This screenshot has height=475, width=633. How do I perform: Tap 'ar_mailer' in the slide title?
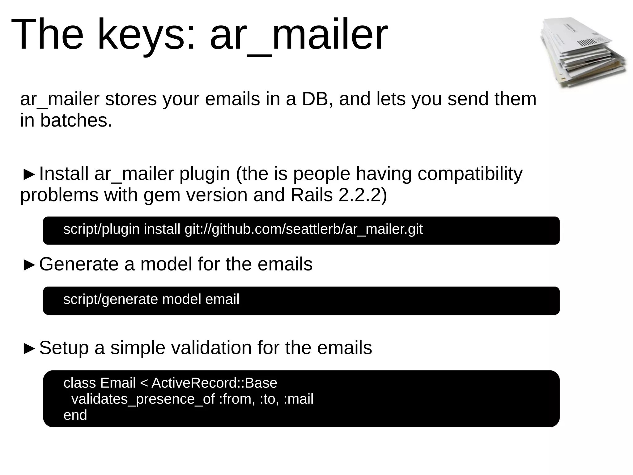click(x=298, y=35)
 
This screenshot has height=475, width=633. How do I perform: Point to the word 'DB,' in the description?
click(x=317, y=99)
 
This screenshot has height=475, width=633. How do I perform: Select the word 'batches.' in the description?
click(x=76, y=120)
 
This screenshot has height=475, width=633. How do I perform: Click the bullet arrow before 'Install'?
click(x=29, y=175)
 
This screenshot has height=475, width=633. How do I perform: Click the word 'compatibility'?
click(x=470, y=174)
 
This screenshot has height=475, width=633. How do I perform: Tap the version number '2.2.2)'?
click(x=363, y=195)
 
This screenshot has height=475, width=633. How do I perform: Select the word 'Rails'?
click(x=312, y=195)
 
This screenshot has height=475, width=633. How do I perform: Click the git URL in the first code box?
click(x=304, y=229)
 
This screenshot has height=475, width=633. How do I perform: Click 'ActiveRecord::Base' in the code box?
click(x=214, y=383)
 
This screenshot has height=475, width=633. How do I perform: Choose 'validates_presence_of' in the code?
click(x=143, y=399)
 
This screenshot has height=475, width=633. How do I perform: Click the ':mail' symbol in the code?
click(x=298, y=399)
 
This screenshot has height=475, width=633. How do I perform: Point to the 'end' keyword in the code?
click(x=75, y=415)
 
